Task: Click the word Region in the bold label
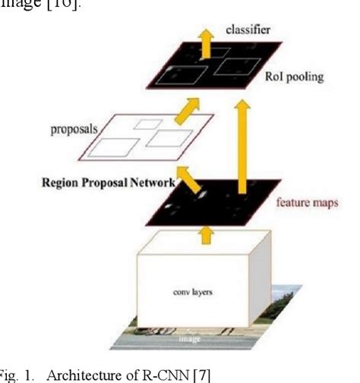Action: (x=85, y=183)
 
